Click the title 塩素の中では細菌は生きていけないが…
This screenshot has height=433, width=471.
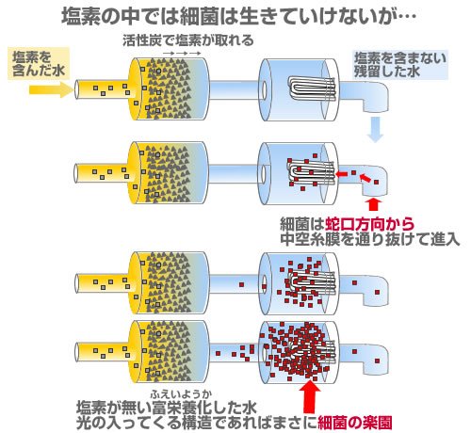(x=238, y=16)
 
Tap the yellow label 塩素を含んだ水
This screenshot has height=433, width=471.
(x=39, y=64)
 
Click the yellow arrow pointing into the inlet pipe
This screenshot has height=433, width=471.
(x=51, y=89)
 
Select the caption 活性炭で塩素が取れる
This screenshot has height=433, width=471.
(x=187, y=40)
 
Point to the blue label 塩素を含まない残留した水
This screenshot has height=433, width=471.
(x=400, y=65)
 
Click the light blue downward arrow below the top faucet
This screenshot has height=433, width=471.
(x=375, y=129)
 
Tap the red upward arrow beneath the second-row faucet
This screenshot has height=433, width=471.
(x=373, y=204)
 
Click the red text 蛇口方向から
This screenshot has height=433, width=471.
(x=369, y=224)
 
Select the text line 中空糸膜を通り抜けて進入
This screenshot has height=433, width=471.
(x=370, y=239)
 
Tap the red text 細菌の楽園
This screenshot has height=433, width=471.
(x=355, y=423)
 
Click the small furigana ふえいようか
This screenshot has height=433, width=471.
(x=181, y=394)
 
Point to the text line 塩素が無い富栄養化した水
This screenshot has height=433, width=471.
(x=167, y=408)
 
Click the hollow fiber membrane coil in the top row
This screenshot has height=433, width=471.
(x=312, y=88)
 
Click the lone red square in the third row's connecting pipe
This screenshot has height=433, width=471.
(x=241, y=284)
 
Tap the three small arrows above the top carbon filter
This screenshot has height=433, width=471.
(x=182, y=54)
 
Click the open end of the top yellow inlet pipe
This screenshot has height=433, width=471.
(x=76, y=89)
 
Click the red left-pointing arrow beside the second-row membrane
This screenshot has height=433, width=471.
(x=341, y=173)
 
